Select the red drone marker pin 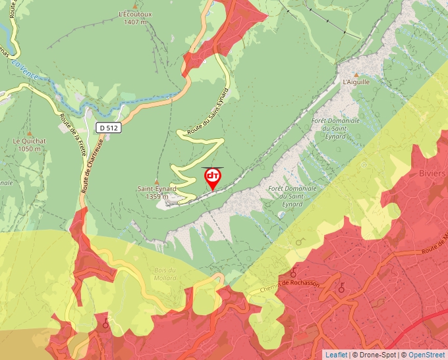click(213, 178)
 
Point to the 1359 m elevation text click(157, 196)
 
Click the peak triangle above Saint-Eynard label click(157, 182)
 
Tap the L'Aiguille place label click(356, 82)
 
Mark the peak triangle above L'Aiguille click(356, 74)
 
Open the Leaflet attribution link click(336, 355)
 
